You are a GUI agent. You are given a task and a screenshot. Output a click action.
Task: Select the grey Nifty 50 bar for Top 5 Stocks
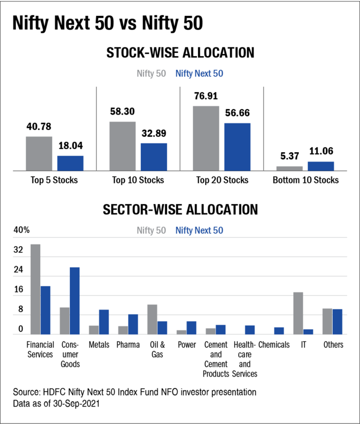point(39,153)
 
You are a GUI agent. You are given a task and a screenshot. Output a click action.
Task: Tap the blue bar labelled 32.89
point(154,157)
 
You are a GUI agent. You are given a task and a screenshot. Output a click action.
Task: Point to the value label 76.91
point(206,97)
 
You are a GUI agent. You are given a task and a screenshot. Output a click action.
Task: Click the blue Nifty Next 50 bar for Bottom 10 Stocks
point(321,166)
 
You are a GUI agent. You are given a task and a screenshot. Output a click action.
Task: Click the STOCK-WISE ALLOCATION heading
point(181,53)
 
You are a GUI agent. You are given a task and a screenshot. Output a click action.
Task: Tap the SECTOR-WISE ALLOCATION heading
point(181,210)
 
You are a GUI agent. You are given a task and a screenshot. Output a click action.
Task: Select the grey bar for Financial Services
point(35,289)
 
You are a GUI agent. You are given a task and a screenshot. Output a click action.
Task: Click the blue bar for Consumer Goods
point(75,301)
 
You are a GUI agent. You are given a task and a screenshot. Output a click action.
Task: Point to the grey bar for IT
point(298,313)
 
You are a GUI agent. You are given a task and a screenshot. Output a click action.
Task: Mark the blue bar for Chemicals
point(279,331)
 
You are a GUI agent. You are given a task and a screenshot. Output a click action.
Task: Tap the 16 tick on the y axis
point(19,290)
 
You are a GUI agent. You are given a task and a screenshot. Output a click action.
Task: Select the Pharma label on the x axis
point(128,345)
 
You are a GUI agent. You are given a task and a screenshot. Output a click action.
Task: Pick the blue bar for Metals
point(104,322)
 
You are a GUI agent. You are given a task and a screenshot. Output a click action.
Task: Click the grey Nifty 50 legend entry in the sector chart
point(152,231)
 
